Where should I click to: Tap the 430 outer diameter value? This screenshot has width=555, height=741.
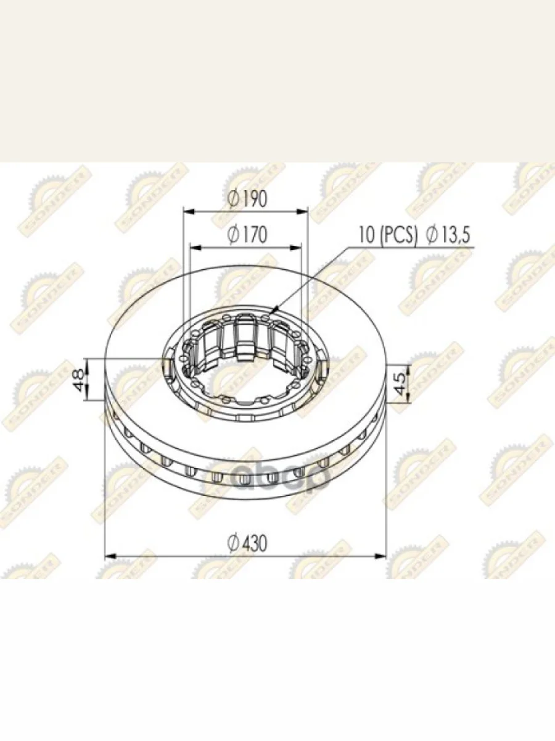[x=254, y=543]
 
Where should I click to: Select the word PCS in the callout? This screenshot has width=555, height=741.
[x=398, y=235]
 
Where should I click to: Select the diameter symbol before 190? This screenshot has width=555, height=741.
[x=232, y=199]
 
